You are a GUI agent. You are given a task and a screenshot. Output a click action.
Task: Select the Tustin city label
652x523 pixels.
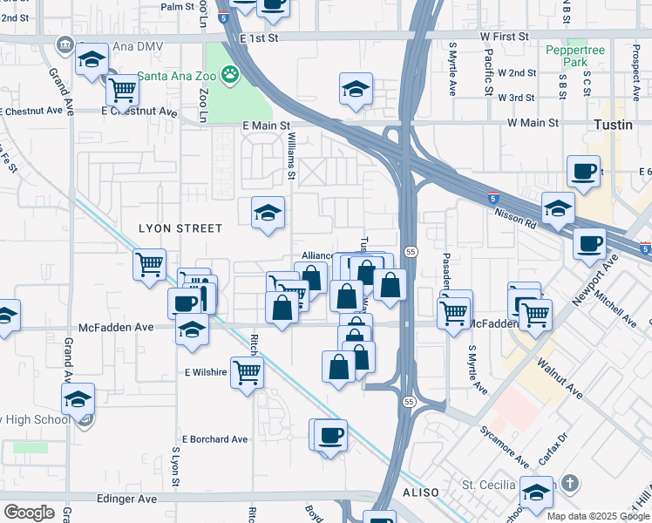pyautogui.click(x=619, y=125)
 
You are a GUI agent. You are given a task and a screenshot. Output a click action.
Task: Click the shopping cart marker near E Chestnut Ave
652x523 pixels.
pyautogui.click(x=123, y=88)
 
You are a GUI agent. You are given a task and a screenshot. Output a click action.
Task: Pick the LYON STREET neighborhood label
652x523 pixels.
pyautogui.click(x=180, y=228)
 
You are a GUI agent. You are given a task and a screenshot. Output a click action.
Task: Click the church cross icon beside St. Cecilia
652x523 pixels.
pyautogui.click(x=570, y=483)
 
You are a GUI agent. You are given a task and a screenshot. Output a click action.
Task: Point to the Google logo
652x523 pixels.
pyautogui.click(x=29, y=513)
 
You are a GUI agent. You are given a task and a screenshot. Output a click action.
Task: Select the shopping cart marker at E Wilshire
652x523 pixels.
pyautogui.click(x=248, y=372)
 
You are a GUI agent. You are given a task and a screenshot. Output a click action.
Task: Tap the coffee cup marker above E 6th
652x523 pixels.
pyautogui.click(x=583, y=171)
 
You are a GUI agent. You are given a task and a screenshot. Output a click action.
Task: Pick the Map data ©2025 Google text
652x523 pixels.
pyautogui.click(x=598, y=516)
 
